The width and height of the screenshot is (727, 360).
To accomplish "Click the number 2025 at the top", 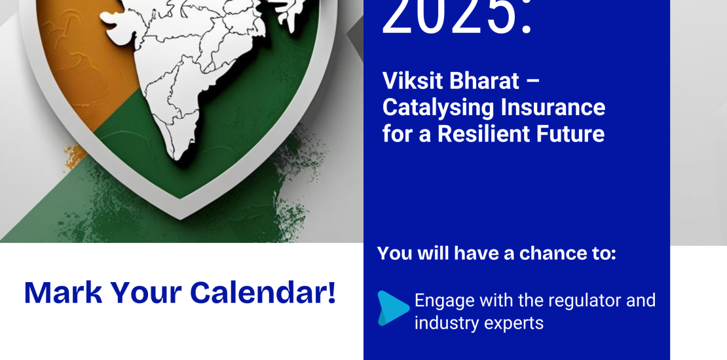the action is click(x=449, y=16).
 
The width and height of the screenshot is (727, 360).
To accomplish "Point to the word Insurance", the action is click(x=553, y=107).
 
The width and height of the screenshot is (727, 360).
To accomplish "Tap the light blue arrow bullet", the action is click(x=393, y=308).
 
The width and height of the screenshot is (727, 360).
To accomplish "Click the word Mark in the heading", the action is click(x=63, y=293).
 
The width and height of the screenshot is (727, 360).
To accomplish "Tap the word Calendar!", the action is click(x=263, y=293).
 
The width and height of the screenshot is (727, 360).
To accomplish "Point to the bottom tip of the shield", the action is click(x=180, y=219).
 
